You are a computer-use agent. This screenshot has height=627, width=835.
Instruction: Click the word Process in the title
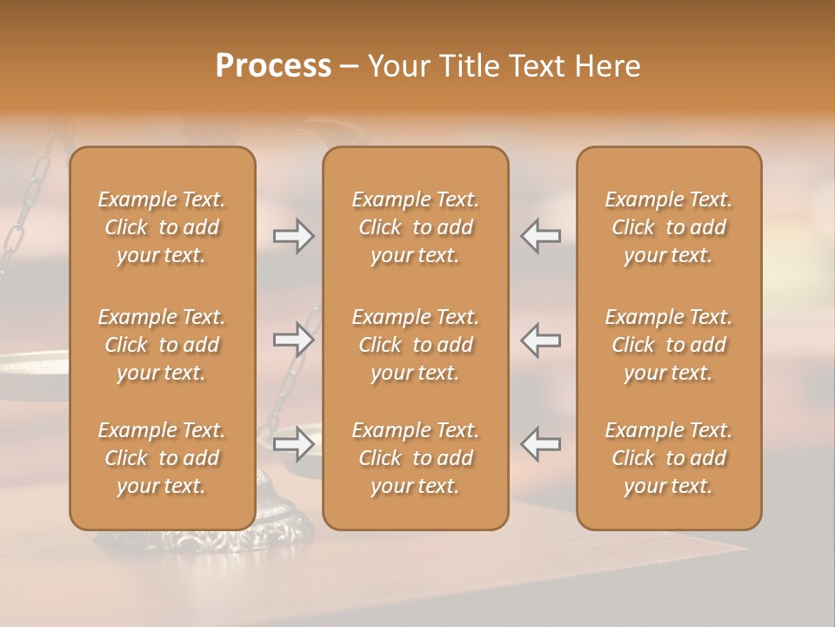pos(273,65)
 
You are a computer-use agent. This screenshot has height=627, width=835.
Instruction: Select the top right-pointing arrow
pos(293,236)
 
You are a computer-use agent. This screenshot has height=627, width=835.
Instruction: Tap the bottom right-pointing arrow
pos(293,444)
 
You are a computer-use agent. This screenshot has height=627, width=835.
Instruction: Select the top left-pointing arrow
pos(540,236)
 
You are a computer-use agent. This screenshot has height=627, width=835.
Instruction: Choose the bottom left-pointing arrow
pos(540,444)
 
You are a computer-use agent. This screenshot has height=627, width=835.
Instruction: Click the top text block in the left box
pos(162,227)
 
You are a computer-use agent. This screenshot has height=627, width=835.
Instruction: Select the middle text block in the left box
pos(162,345)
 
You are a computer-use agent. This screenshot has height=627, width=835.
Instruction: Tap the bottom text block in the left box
pos(162,458)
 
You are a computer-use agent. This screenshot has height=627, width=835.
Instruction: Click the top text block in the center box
pos(415,227)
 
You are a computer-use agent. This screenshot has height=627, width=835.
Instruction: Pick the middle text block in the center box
pos(415,345)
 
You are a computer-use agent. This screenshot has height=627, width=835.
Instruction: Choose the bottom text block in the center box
pos(415,458)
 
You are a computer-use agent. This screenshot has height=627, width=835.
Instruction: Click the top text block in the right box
pos(668,227)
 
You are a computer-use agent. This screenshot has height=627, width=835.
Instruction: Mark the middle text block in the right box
pos(668,345)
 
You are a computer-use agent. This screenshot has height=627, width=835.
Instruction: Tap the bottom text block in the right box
pos(668,458)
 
